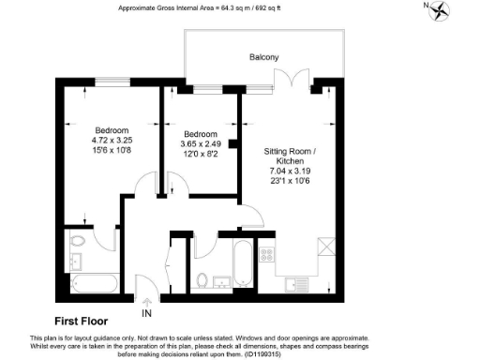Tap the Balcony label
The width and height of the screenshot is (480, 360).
point(263,57)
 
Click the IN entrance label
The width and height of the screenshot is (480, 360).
point(146,312)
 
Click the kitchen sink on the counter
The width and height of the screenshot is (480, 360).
point(299,282)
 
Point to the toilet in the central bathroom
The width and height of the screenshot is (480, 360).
point(202,278)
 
